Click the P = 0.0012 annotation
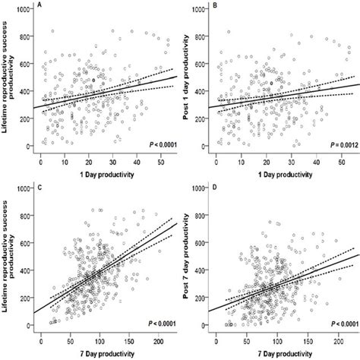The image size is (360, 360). point(333,141)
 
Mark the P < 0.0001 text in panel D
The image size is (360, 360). point(333,322)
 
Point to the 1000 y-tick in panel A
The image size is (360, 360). point(26,8)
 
